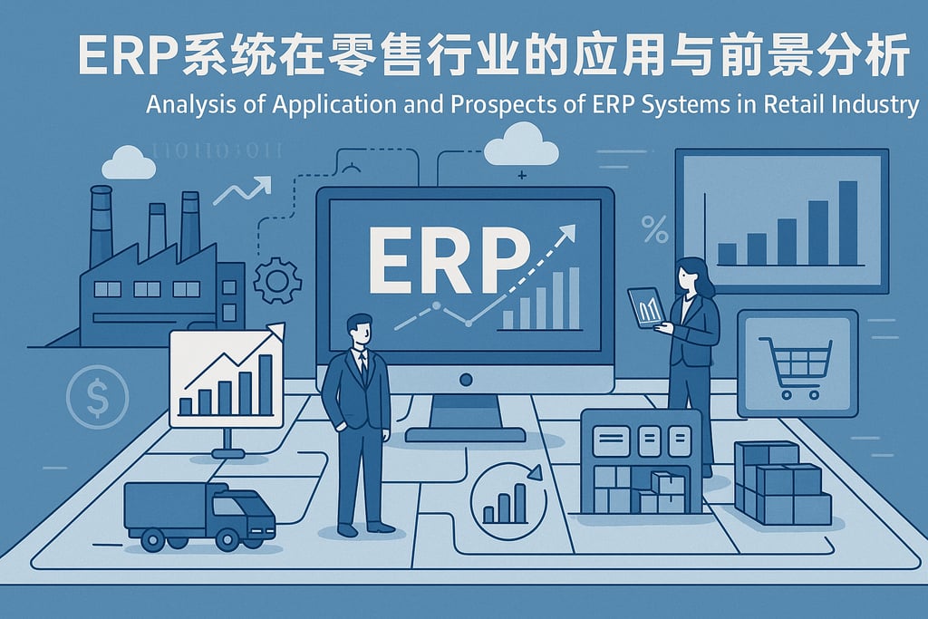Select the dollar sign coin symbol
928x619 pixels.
pos(97,396)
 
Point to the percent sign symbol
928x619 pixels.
pos(653,229)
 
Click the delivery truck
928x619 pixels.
pos(198,515)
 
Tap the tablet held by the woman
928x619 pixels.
pos(645,307)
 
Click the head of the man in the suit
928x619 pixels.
pos(359,329)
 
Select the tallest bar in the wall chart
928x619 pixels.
pos(847,222)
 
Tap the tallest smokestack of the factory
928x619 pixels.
pos(101,227)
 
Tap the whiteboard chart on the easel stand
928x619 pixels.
pos(227,379)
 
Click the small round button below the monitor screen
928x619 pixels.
pos(465,377)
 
